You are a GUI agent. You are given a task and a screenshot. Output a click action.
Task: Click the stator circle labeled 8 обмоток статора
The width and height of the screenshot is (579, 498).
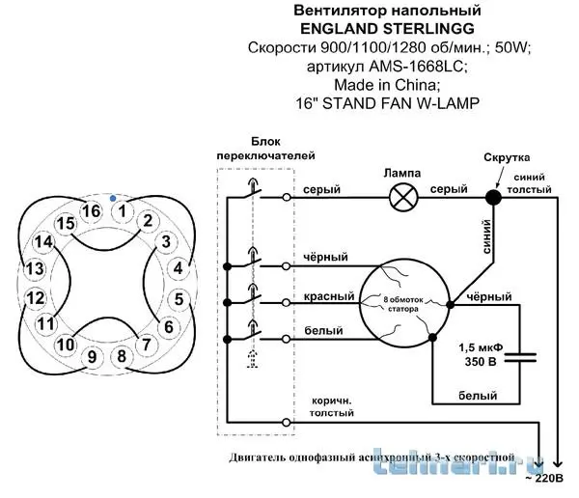click(x=404, y=302)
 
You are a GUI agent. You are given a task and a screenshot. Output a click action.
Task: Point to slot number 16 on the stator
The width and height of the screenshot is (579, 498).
click(x=91, y=210)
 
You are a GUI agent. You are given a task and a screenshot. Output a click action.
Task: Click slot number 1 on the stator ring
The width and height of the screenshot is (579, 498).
click(x=122, y=208)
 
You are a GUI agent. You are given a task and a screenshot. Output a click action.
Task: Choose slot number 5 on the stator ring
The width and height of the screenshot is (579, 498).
click(x=178, y=298)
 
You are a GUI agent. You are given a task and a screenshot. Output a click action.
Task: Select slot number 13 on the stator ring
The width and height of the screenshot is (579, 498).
click(x=35, y=268)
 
